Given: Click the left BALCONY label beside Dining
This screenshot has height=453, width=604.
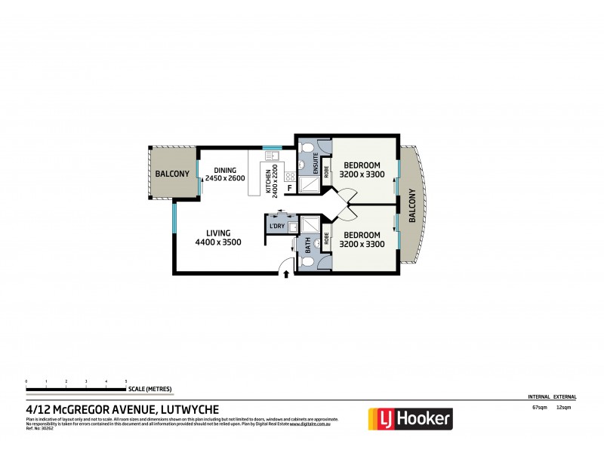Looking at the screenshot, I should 172,174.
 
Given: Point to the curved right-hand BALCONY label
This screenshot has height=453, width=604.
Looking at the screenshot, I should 412,205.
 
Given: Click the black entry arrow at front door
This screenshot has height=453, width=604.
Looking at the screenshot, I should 286,275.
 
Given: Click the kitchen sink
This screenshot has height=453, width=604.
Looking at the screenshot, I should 272,156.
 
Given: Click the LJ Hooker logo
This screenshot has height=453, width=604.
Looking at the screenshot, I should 409,418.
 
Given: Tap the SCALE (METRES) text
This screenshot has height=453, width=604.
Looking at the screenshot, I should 149,389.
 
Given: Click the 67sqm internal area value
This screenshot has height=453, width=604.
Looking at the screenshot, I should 539,408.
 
